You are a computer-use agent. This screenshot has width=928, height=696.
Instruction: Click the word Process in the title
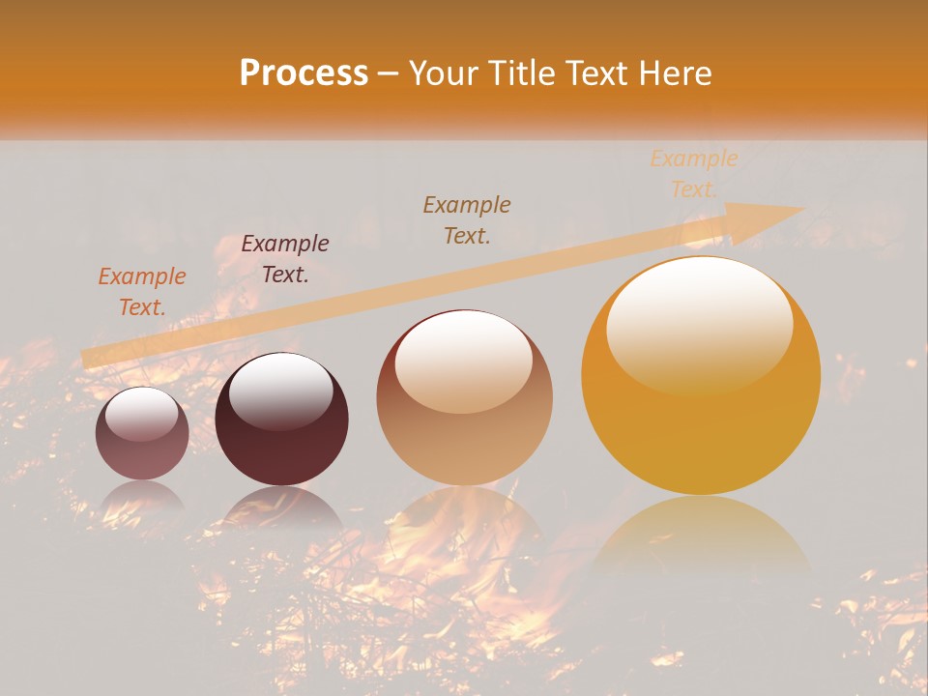(304, 73)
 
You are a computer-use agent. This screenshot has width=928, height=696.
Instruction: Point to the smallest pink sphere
(142, 433)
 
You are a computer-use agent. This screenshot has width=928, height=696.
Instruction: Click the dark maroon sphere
(281, 419)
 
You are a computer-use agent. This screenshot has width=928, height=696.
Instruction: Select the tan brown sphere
(464, 397)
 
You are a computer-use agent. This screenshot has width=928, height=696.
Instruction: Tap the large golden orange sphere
(701, 376)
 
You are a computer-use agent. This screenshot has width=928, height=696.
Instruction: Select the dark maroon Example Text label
(285, 259)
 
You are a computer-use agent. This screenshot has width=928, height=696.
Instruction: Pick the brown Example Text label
(467, 220)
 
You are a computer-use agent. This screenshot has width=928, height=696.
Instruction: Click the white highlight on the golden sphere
(700, 324)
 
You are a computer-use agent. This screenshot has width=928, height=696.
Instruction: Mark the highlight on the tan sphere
(464, 362)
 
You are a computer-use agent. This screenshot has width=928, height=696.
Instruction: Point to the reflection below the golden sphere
(701, 536)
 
